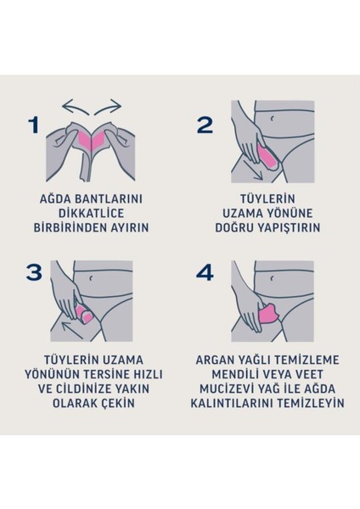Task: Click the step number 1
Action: tap(33, 126)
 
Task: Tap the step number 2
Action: tap(204, 126)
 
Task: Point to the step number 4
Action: tap(205, 272)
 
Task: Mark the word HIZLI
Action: tap(147, 372)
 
